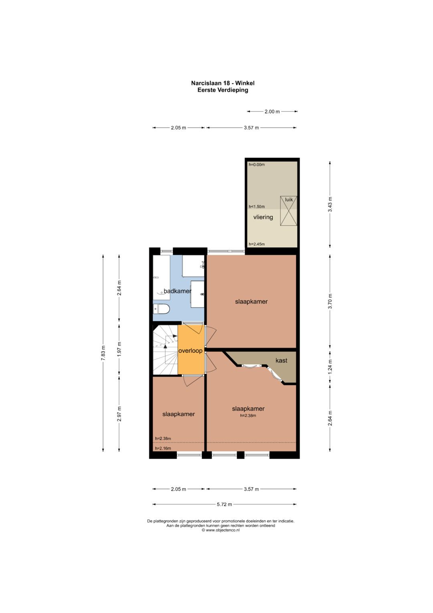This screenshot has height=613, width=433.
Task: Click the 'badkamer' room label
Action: click(177, 291)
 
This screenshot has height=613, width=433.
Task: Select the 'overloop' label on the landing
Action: click(190, 350)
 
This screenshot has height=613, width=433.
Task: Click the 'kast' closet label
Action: click(281, 360)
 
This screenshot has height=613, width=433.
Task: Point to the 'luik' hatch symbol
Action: click(289, 211)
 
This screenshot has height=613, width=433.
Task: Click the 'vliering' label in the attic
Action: click(263, 217)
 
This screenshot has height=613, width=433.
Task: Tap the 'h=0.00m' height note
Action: click(257, 165)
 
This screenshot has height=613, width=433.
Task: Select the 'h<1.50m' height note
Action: click(257, 207)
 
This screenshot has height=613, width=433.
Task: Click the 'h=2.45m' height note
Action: click(257, 244)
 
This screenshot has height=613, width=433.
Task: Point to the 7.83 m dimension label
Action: click(103, 353)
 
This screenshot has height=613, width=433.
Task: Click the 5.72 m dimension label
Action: click(225, 504)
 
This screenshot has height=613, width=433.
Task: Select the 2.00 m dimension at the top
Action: click(272, 112)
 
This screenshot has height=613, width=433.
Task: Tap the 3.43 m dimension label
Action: click(330, 204)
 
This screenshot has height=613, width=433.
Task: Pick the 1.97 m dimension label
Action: click(119, 350)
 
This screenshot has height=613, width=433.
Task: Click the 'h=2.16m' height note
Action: click(163, 448)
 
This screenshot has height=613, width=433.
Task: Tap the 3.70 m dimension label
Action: click(330, 301)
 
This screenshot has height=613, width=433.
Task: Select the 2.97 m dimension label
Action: click(119, 414)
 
